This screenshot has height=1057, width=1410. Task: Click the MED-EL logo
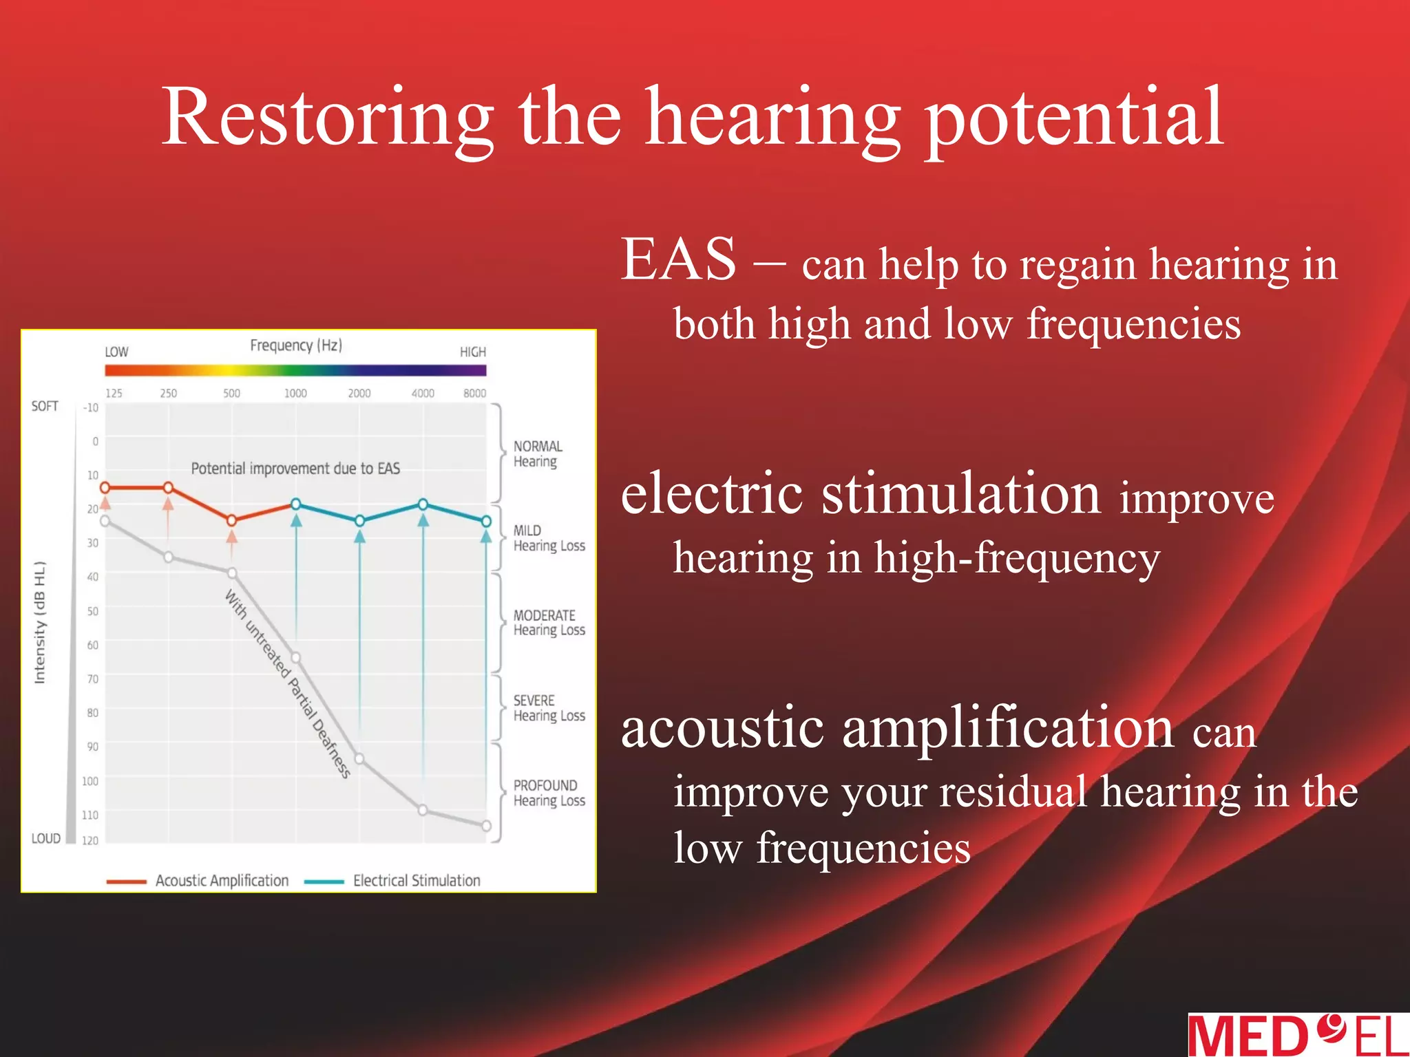pos(1298,1035)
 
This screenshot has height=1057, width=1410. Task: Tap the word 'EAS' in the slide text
pos(679,260)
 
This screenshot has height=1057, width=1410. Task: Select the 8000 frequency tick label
pos(474,393)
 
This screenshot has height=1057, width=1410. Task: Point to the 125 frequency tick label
pos(114,393)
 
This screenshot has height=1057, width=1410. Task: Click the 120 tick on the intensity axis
pos(90,840)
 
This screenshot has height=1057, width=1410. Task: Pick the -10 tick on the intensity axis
pos(90,407)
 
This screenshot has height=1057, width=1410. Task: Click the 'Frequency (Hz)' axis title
pos(296,345)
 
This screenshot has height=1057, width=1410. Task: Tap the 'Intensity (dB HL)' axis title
pos(40,623)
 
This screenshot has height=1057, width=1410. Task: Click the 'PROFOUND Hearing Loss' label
pos(549,793)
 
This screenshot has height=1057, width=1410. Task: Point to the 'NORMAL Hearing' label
pos(538,454)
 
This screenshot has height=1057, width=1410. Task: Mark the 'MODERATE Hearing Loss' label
pos(549,623)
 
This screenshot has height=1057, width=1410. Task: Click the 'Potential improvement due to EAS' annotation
pos(295,469)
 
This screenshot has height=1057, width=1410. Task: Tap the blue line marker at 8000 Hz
pos(486,522)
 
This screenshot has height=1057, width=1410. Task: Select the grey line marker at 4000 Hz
pos(423,810)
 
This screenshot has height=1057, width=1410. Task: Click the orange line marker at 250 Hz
pos(168,488)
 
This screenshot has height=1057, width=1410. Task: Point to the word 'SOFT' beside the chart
pos(45,406)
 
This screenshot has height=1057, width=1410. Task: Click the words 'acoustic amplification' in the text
pos(896,728)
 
